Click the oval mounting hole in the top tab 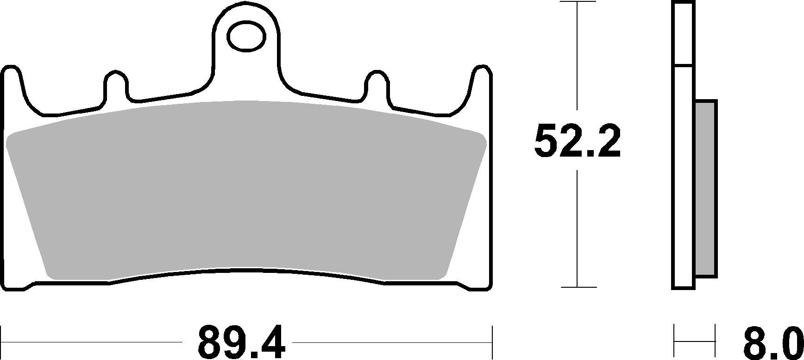point(246,36)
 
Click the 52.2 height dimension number point(577,141)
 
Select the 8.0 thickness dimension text point(770,345)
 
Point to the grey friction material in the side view point(706,189)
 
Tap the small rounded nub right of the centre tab point(378,83)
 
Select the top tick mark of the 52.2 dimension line point(578,2)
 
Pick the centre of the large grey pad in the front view point(246,190)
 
